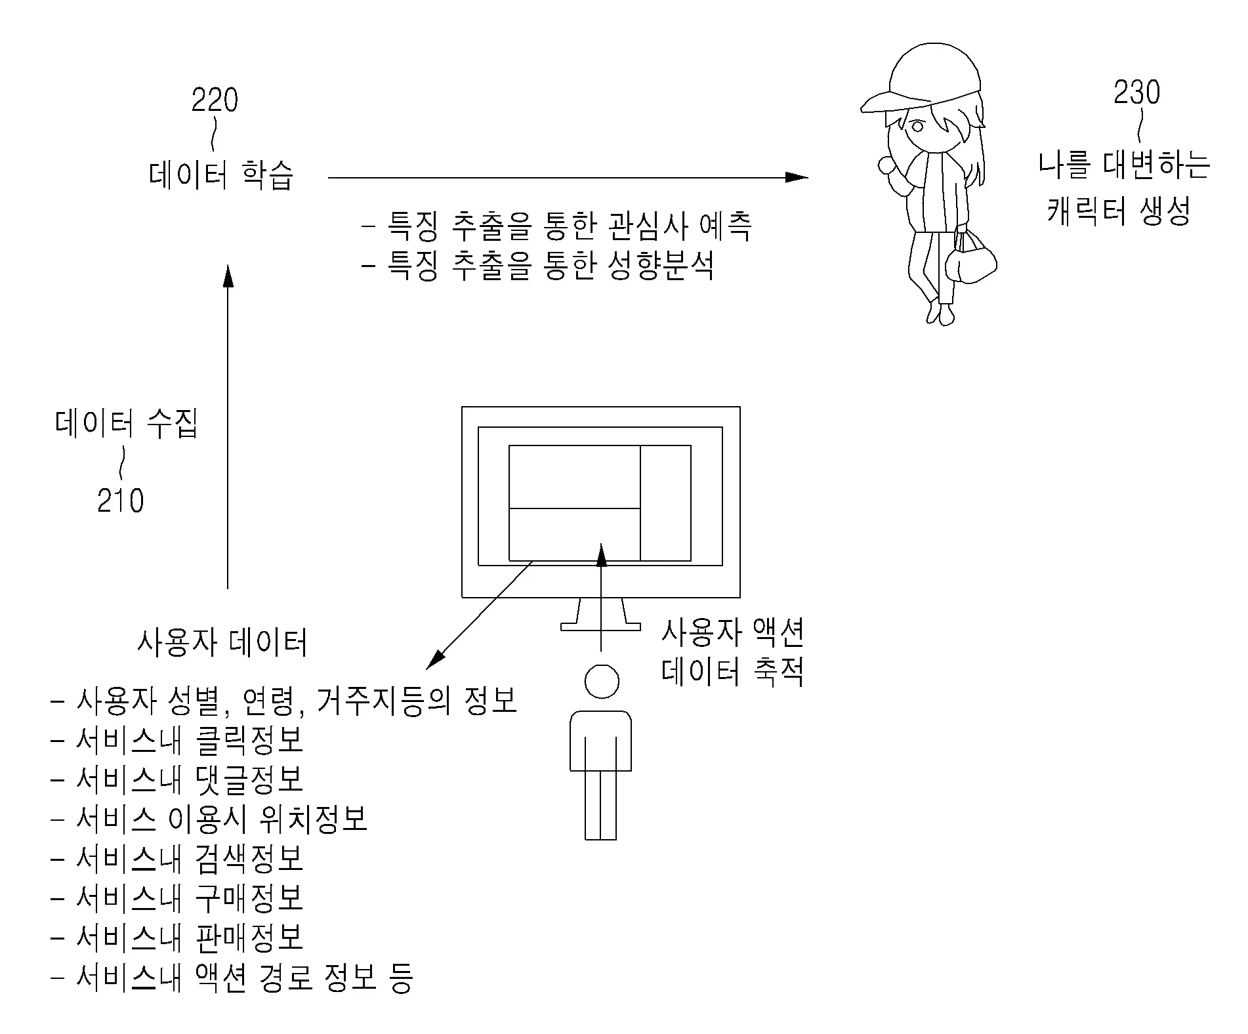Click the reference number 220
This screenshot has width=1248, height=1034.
[215, 100]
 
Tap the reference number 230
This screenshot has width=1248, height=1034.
[1136, 93]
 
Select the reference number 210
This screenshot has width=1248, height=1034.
[120, 501]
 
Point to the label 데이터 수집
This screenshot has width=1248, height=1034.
[126, 424]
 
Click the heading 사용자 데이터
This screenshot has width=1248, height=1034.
[222, 642]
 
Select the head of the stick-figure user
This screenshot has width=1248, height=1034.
[601, 682]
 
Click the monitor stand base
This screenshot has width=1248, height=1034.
[600, 627]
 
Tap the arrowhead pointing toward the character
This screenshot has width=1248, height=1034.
[797, 177]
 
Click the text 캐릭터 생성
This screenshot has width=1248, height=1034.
[1118, 211]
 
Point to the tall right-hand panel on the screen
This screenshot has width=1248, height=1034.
[665, 503]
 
